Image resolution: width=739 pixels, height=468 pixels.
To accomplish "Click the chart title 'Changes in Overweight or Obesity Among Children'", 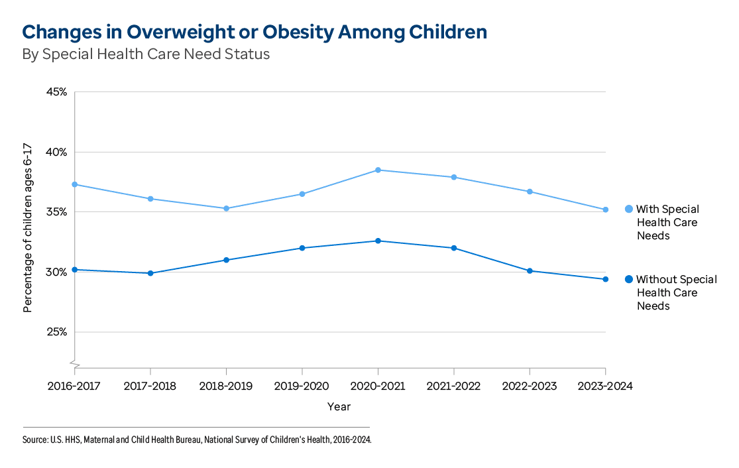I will [x=255, y=32].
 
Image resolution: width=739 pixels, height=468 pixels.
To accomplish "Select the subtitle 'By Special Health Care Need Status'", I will [x=146, y=54].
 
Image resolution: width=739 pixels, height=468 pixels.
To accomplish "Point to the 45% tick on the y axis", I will [x=56, y=92].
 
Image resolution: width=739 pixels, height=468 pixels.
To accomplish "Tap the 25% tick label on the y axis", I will [x=56, y=332].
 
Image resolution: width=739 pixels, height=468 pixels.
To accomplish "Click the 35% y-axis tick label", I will [x=56, y=212].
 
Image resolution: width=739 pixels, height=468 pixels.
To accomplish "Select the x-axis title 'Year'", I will [x=339, y=406].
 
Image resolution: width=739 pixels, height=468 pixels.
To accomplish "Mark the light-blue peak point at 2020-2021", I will [x=378, y=170].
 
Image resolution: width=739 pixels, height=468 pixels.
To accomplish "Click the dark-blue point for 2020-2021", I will [x=378, y=241].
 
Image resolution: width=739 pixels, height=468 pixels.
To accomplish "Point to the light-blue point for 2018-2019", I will [x=226, y=208].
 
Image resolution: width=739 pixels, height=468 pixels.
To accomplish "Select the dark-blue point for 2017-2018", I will [x=150, y=273].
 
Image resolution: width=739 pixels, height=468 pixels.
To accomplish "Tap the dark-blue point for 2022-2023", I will [x=530, y=270].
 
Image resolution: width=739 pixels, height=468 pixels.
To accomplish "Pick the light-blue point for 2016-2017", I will [x=75, y=184].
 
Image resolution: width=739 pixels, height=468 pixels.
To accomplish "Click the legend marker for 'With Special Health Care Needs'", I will [x=629, y=209].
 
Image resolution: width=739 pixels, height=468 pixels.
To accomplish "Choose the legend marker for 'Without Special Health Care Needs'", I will [x=629, y=280].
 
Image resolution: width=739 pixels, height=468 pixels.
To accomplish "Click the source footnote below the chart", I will [x=197, y=439].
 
